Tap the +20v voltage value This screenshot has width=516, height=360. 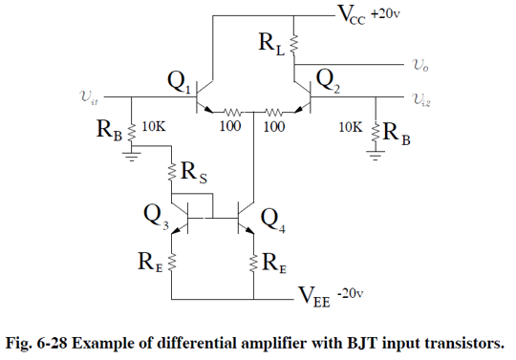coord(387,12)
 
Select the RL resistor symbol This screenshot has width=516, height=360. coord(295,43)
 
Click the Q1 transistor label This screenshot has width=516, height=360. coord(180,83)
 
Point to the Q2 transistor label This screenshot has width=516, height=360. coord(328,78)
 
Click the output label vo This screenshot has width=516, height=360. coord(420,66)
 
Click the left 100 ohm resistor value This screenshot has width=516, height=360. coord(229,125)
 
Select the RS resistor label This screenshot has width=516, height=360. coord(196,174)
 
